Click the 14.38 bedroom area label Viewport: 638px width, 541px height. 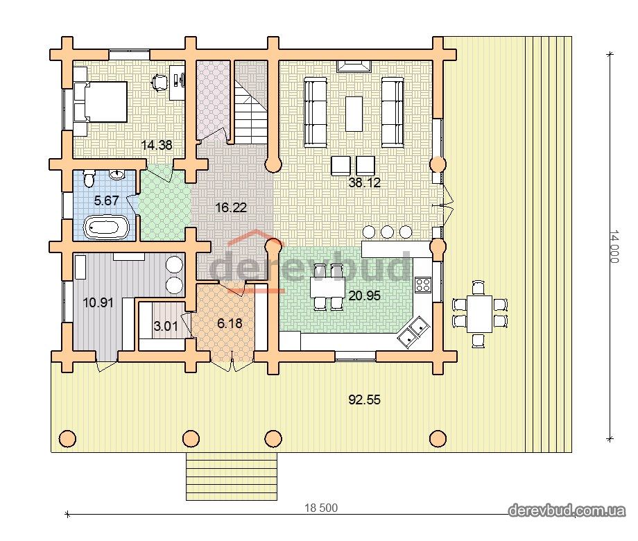tap(157, 145)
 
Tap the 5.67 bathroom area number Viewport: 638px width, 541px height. tap(106, 200)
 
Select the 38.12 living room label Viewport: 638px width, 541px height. tap(365, 182)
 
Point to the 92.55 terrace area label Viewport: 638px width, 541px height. tap(365, 400)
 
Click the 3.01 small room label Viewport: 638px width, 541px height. tap(166, 326)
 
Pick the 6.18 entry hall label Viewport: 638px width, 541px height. tap(230, 324)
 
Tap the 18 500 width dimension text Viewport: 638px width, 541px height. tap(321, 508)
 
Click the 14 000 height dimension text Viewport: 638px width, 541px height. tap(614, 247)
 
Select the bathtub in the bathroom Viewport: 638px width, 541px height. tap(107, 227)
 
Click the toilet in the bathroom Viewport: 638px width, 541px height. tap(89, 178)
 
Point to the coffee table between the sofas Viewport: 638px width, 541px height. tap(354, 114)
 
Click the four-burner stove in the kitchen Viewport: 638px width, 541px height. tap(423, 284)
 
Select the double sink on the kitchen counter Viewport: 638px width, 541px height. tap(411, 332)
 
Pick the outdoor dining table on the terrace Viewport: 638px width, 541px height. tap(479, 314)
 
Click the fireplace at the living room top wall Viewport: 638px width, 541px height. tap(354, 65)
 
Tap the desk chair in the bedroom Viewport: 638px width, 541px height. tap(159, 81)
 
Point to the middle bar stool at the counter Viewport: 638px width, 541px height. tap(388, 232)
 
